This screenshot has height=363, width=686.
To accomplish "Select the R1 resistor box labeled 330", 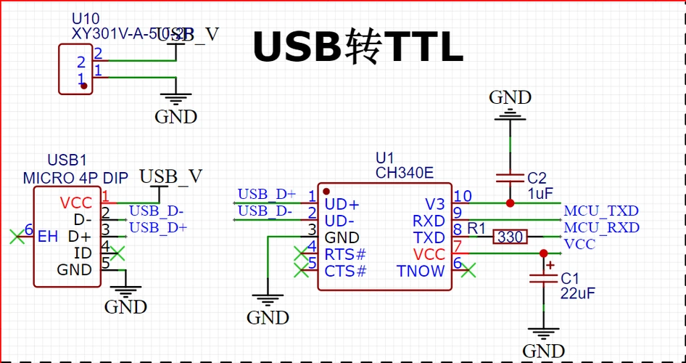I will click(x=511, y=237).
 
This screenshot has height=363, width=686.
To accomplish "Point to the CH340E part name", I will click(x=404, y=173).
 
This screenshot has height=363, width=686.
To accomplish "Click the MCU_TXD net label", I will click(x=601, y=211).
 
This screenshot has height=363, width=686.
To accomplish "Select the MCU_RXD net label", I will click(x=601, y=228).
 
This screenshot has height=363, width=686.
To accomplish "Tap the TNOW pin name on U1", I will click(x=421, y=272).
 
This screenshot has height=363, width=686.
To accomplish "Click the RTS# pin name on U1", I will click(x=345, y=255).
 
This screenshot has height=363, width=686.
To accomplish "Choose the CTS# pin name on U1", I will click(x=345, y=272).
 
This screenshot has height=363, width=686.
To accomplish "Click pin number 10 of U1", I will click(x=463, y=196).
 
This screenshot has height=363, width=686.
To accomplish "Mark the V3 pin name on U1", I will click(x=434, y=204).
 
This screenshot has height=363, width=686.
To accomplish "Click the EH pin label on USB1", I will click(x=48, y=236).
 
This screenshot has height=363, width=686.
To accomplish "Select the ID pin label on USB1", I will click(x=83, y=253).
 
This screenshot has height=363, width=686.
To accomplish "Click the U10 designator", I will click(x=86, y=18).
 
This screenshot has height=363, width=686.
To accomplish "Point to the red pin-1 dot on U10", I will click(x=84, y=86).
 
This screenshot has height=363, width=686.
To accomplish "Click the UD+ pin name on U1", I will click(x=342, y=204).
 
